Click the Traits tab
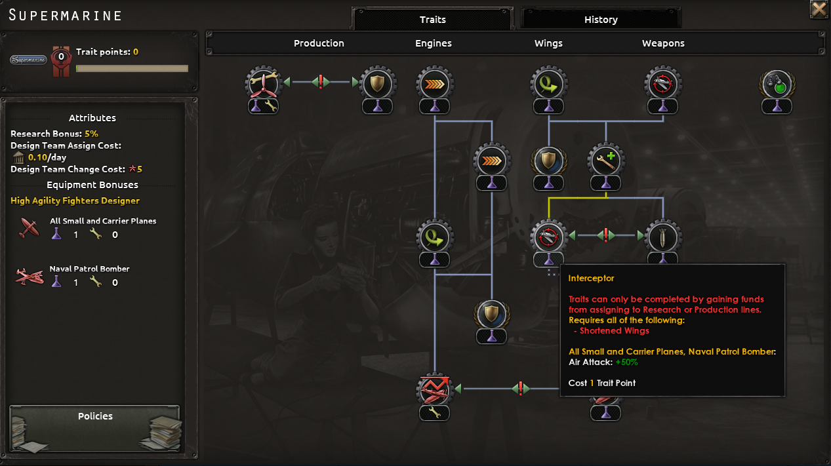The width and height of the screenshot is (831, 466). click(x=432, y=20)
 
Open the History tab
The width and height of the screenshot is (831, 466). click(x=601, y=20)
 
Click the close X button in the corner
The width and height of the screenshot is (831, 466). click(x=819, y=9)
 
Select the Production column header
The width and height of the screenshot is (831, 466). click(x=319, y=43)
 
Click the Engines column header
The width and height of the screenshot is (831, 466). click(x=434, y=43)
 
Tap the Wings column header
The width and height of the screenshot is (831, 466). click(x=548, y=43)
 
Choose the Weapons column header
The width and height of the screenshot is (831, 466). click(x=663, y=43)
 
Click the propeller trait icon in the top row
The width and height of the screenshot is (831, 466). click(x=263, y=83)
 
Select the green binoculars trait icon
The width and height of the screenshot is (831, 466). click(x=777, y=83)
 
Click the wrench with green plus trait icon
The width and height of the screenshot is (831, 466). click(x=606, y=160)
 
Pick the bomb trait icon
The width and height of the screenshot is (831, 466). click(x=662, y=236)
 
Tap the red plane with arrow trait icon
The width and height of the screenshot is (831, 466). click(x=434, y=389)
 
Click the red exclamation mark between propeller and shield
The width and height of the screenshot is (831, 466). click(x=320, y=82)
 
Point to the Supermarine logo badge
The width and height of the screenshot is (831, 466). click(x=29, y=60)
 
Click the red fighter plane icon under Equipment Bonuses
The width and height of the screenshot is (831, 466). click(x=29, y=228)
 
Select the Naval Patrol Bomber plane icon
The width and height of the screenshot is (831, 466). click(x=29, y=276)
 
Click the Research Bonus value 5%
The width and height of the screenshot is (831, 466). click(x=91, y=134)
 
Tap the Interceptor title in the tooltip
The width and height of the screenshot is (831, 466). click(x=591, y=279)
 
